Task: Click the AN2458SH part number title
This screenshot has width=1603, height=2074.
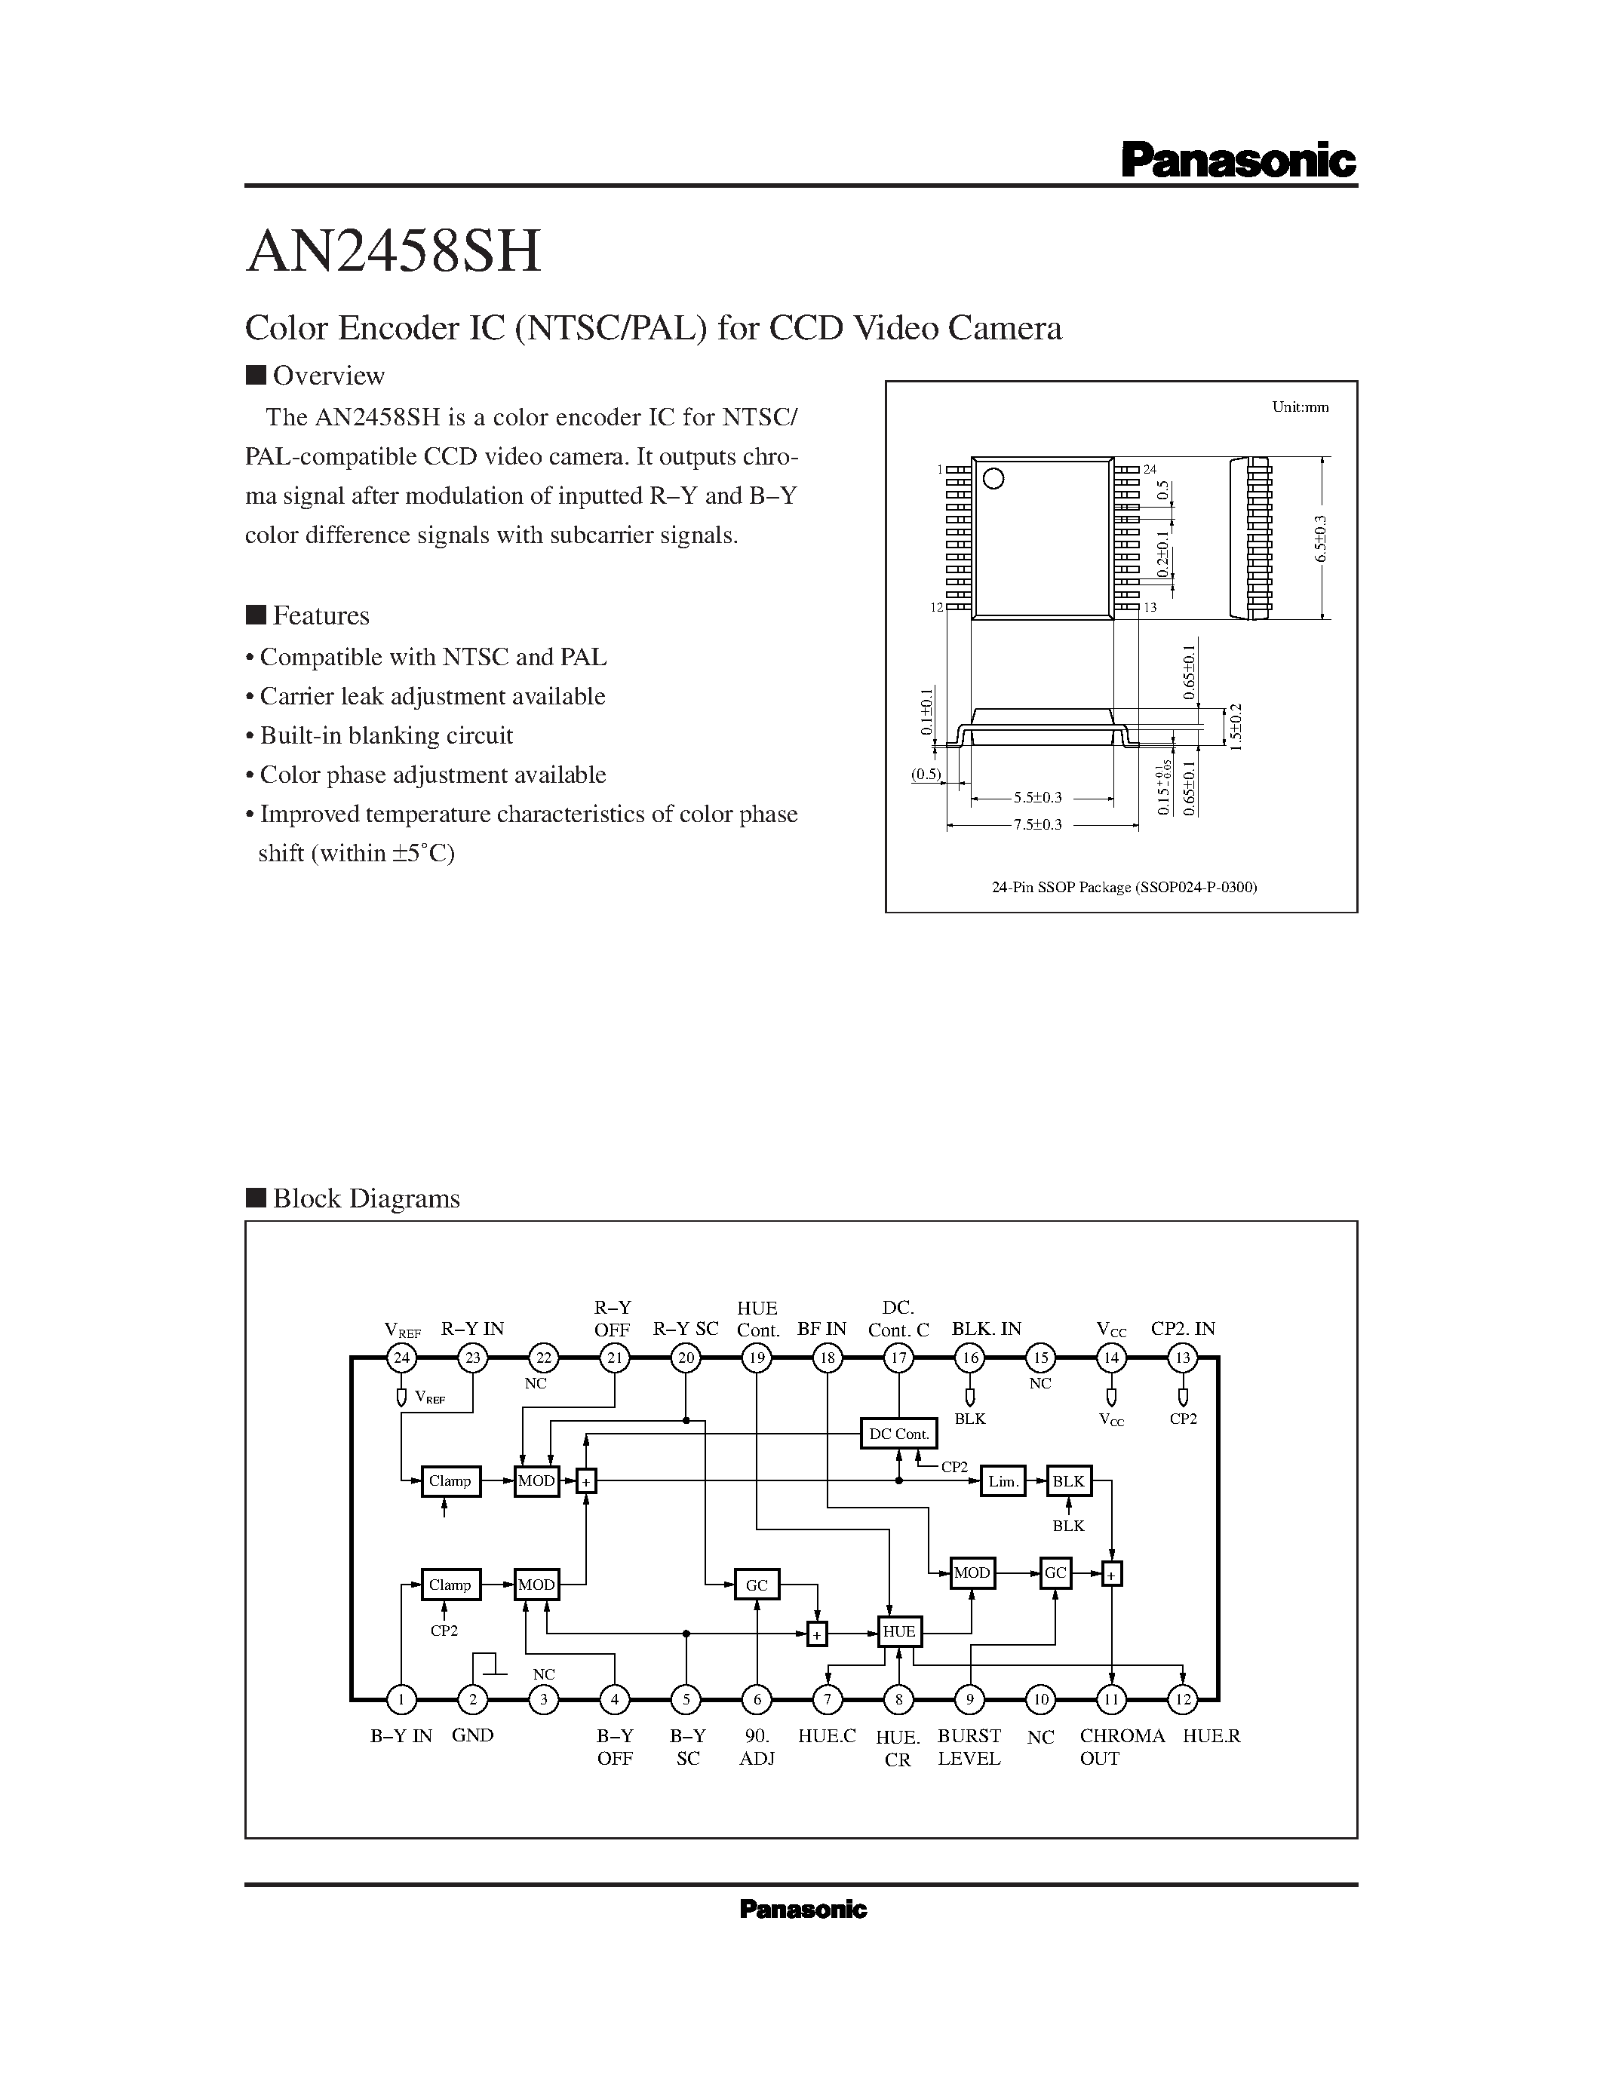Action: click(393, 253)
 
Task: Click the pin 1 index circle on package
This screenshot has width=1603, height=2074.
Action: click(993, 479)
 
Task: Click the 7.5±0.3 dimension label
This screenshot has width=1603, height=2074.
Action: click(1037, 825)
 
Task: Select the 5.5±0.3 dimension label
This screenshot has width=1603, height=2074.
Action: click(1037, 799)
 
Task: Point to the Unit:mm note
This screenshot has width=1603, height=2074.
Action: click(1299, 407)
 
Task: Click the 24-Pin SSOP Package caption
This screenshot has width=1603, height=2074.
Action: click(1123, 887)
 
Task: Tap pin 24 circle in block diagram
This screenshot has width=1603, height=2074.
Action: click(402, 1358)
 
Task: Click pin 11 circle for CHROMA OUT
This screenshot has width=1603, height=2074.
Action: click(1111, 1700)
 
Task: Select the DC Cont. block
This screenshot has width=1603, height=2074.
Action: click(898, 1434)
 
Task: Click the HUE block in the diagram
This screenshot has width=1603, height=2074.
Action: click(898, 1631)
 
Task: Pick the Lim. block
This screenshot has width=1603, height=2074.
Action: click(1002, 1481)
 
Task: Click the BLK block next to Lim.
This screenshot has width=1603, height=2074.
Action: click(1068, 1481)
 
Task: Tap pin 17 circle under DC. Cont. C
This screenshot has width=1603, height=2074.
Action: click(898, 1358)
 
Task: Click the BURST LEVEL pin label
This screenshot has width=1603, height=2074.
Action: click(969, 1747)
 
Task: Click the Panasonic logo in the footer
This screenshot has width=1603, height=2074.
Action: click(803, 1910)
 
